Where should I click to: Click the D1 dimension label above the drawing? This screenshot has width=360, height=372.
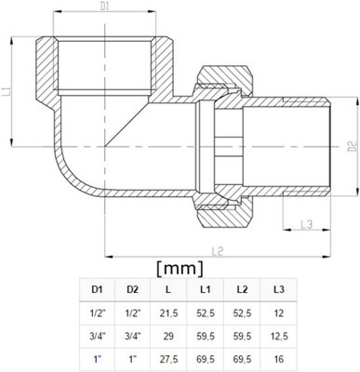(105, 7)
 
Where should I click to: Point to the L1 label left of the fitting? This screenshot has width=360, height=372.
(7, 92)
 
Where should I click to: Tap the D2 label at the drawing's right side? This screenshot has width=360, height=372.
(352, 145)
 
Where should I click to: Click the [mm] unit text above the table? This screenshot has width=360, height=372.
(180, 270)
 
